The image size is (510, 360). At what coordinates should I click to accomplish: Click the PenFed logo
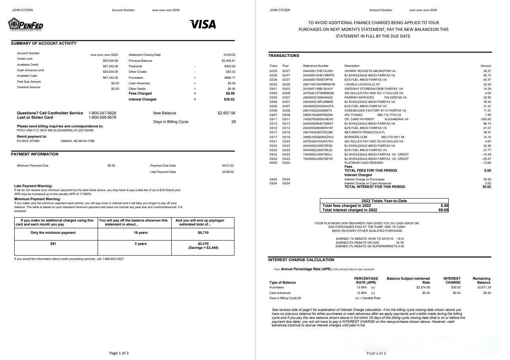[x=26, y=25]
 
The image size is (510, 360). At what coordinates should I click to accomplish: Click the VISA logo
[x=203, y=25]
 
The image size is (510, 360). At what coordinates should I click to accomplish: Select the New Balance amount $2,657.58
[x=226, y=113]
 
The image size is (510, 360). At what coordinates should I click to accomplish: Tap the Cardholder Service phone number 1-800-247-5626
[x=102, y=113]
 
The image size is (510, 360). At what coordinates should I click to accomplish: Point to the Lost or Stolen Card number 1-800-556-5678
[x=102, y=117]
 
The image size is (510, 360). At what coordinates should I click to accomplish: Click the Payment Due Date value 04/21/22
[x=228, y=165]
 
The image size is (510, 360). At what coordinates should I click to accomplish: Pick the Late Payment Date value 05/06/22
[x=228, y=172]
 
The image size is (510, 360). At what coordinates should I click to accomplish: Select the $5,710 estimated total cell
[x=203, y=233]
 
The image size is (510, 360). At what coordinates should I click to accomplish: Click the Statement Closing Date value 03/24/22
[x=229, y=55]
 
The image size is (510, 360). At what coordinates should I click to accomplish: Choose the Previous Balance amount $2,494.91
[x=229, y=61]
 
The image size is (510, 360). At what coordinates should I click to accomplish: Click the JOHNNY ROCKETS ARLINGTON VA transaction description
[x=370, y=71]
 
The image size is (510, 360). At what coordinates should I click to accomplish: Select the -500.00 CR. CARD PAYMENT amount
[x=485, y=119]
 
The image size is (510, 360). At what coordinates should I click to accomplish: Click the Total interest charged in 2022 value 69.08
[x=444, y=210]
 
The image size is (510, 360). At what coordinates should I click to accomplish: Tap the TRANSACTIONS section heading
[x=283, y=56]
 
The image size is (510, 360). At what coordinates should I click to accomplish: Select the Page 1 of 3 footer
[x=119, y=353]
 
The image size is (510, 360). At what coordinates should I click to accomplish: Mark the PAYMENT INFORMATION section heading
[x=34, y=154]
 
